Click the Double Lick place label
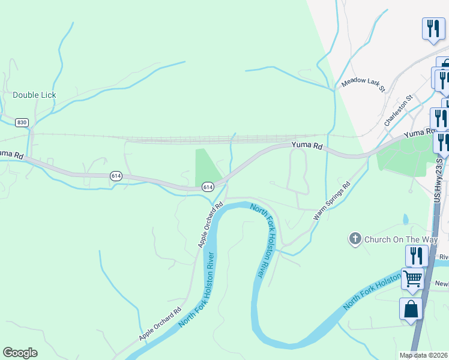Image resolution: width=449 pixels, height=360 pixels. pos(34,95)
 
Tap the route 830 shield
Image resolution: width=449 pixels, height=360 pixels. pos(22,122)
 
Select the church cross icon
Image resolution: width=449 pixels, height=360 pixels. pos(355,239)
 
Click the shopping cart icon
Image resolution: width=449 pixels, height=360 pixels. pos(412,278)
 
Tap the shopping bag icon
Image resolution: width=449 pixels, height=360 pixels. pos(411,309)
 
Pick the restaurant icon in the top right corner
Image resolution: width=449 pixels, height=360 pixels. pos(433,28)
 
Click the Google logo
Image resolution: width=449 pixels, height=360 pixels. pos(20,353)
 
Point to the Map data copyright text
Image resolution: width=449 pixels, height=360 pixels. pos(424,355)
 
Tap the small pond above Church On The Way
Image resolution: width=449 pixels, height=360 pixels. pos(406,219)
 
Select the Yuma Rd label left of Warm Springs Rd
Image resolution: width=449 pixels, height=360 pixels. pos(307,145)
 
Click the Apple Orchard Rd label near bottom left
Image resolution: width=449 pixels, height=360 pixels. pos(160,324)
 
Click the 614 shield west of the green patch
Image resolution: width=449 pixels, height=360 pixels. pos(116,176)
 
